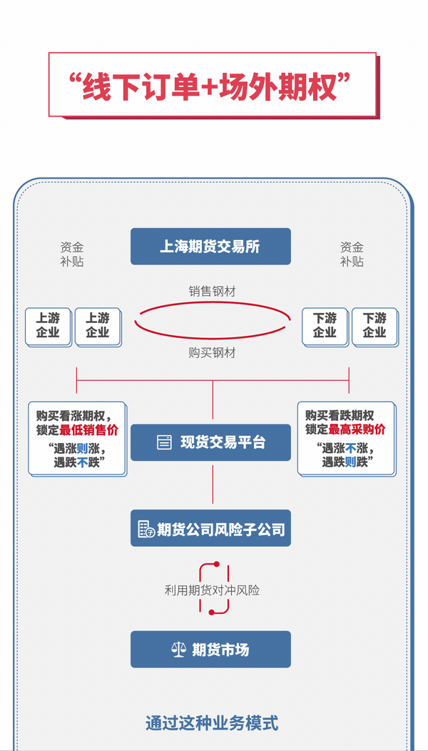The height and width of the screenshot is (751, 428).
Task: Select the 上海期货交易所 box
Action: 210,247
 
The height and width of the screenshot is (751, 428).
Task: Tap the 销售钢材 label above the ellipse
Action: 213,291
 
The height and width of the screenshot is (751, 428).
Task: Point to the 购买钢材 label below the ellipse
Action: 213,352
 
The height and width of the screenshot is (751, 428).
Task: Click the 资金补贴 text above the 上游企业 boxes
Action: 72,254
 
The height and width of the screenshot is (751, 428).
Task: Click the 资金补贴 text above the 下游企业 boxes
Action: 352,254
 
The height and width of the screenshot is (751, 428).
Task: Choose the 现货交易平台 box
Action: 210,442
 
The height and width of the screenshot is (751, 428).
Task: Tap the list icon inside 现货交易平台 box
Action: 165,443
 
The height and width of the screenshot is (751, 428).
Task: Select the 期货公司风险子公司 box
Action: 210,529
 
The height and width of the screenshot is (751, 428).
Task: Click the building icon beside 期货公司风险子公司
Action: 146,529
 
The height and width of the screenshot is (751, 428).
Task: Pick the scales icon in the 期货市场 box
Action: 179,650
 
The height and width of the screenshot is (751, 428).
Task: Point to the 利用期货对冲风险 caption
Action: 212,590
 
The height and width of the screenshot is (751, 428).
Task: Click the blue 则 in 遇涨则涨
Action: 82,449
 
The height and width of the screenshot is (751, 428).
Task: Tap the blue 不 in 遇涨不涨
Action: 350,449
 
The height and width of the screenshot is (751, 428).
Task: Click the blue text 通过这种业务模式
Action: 212,722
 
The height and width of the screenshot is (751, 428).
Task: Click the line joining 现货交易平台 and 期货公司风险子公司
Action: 213,485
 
